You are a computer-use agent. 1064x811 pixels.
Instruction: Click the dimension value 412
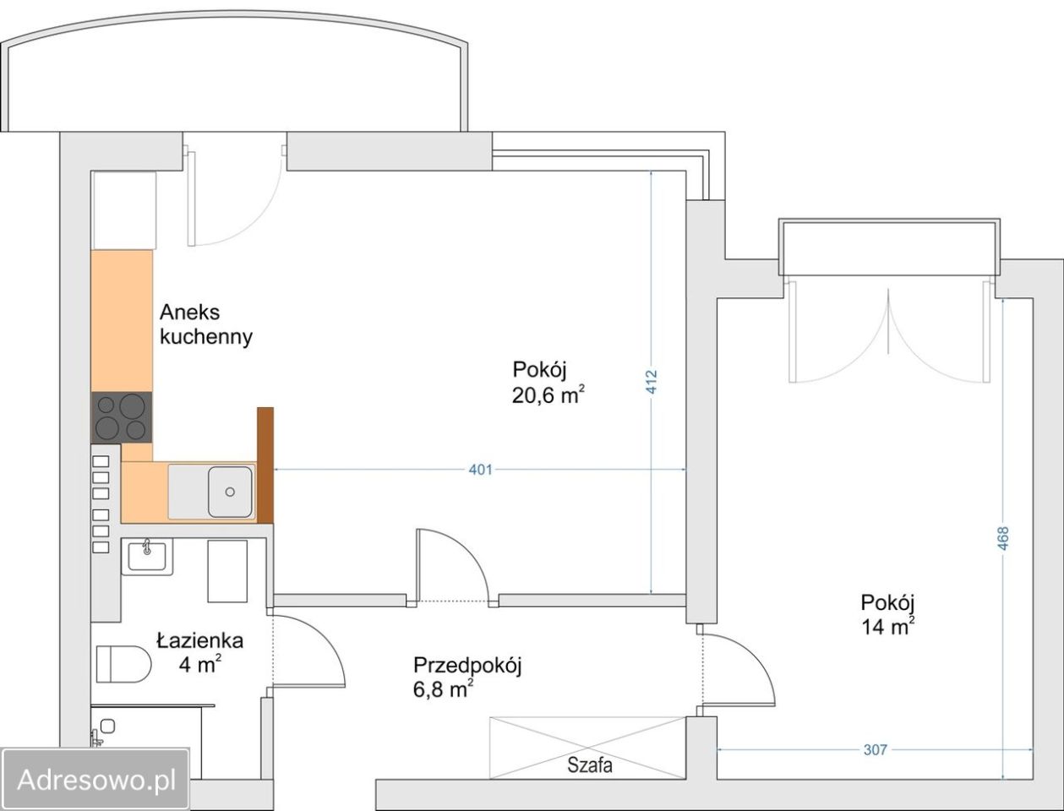[x=652, y=381]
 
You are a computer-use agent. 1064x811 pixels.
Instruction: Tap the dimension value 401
[x=480, y=470]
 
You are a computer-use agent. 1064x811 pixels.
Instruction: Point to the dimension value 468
[x=1003, y=538]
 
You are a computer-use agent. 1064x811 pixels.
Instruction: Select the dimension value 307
[x=876, y=750]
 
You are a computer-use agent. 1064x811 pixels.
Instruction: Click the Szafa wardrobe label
[x=590, y=765]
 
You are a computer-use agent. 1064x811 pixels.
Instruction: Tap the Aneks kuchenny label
[x=206, y=324]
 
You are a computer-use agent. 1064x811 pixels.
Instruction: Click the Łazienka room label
[x=199, y=641]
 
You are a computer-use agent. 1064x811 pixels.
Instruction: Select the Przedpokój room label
[x=467, y=665]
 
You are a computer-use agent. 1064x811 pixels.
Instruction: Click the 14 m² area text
[x=887, y=627]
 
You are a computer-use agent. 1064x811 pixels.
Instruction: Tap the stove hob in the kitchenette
[x=122, y=417]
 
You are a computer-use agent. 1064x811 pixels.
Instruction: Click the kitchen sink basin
[x=230, y=492]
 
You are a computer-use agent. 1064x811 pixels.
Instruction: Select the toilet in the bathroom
[x=123, y=663]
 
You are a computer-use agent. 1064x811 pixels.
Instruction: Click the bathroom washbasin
[x=147, y=556]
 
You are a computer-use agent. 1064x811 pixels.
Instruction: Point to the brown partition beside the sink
[x=265, y=465]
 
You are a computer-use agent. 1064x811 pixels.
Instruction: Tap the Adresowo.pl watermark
[x=95, y=780]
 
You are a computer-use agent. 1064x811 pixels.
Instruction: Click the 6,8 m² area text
[x=443, y=689]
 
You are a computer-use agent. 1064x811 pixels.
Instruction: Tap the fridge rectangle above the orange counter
[x=124, y=210]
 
